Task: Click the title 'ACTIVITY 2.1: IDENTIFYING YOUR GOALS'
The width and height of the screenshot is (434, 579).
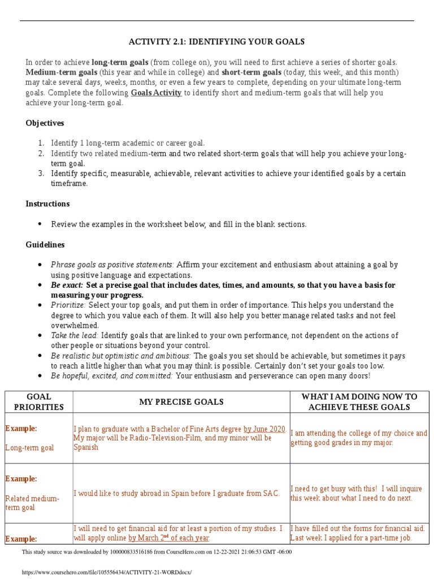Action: [x=216, y=42]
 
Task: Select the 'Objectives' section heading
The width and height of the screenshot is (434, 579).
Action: [x=45, y=123]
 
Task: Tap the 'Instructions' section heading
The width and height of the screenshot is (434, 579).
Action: [x=47, y=204]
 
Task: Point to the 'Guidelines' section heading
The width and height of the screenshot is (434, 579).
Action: [x=45, y=245]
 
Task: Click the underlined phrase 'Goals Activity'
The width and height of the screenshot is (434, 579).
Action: [x=156, y=93]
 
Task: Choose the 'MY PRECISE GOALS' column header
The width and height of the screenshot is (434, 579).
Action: [x=181, y=402]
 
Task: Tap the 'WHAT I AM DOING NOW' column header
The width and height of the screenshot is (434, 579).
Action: [x=359, y=401]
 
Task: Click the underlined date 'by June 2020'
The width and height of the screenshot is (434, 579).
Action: [x=264, y=429]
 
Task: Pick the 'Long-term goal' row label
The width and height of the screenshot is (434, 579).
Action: [x=29, y=448]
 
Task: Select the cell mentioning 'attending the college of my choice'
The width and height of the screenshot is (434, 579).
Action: [x=359, y=438]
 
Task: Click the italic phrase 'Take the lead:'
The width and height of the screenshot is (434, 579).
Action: [x=75, y=335]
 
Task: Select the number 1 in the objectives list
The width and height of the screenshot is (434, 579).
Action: [x=41, y=143]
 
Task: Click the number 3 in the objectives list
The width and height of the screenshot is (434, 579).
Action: [x=41, y=174]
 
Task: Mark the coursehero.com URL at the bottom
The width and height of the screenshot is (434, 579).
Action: [x=107, y=572]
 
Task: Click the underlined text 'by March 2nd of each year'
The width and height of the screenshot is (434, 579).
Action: [x=169, y=538]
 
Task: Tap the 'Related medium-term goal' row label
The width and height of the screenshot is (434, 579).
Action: [x=32, y=503]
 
